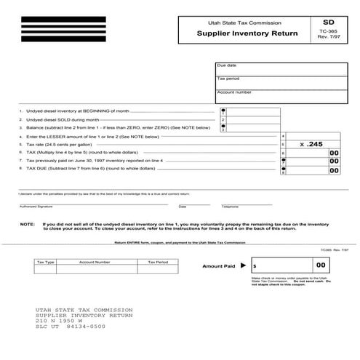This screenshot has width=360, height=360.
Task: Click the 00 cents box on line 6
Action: point(334,153)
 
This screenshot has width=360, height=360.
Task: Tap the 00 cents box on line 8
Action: point(334,170)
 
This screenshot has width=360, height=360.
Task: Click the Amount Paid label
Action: point(218,267)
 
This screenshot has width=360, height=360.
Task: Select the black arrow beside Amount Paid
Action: point(244,267)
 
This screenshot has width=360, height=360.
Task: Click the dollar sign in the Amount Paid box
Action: point(255,268)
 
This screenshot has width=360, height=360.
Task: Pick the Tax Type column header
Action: point(45,261)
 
